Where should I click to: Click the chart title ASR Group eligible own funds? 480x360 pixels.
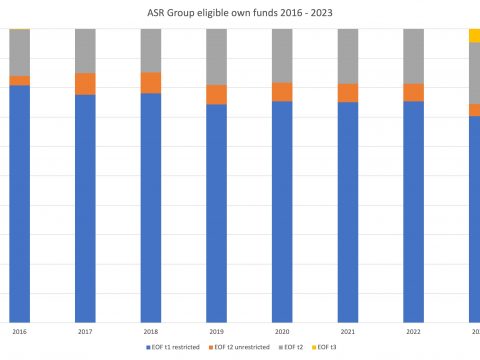(x=239, y=13)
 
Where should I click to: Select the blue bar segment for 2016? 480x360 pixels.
(x=19, y=200)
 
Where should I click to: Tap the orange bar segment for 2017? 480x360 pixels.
(x=85, y=84)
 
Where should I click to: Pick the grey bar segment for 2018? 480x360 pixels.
(x=151, y=50)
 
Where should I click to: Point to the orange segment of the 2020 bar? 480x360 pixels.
(x=282, y=92)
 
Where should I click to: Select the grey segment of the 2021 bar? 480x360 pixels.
(x=348, y=56)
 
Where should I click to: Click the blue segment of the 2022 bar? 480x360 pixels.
(x=414, y=210)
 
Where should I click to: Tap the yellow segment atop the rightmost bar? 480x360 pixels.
(x=474, y=36)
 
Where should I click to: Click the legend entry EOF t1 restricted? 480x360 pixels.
(x=176, y=346)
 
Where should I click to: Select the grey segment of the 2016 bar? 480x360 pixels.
(x=19, y=53)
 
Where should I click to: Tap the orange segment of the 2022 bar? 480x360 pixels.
(x=414, y=92)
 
